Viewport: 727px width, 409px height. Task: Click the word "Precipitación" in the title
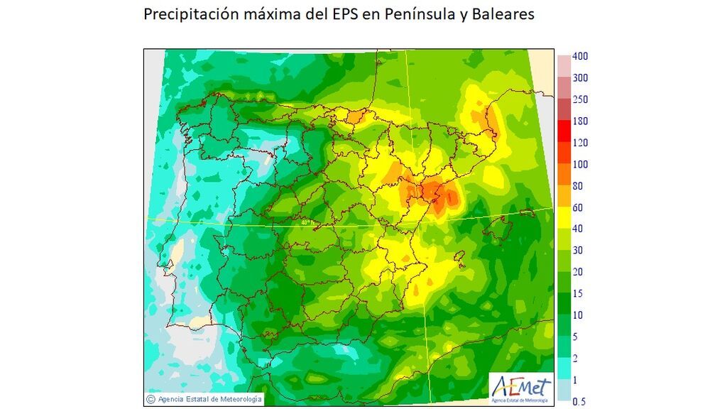tap(186, 15)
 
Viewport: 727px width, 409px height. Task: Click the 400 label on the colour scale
tap(579, 56)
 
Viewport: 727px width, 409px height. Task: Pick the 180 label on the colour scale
tap(579, 121)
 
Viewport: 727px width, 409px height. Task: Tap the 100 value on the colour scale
tap(579, 164)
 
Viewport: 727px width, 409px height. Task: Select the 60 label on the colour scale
tap(577, 207)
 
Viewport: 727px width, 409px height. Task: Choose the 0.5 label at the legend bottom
tap(579, 401)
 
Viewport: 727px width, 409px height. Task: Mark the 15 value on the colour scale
tap(577, 293)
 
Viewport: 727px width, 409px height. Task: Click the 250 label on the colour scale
tap(579, 99)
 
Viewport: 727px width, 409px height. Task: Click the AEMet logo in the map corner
tap(520, 388)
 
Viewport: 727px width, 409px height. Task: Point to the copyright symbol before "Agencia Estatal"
tap(151, 399)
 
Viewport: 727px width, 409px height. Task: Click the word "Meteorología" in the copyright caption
tap(238, 399)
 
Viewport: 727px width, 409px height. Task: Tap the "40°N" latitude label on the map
tap(307, 222)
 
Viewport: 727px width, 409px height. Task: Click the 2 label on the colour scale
tap(575, 358)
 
